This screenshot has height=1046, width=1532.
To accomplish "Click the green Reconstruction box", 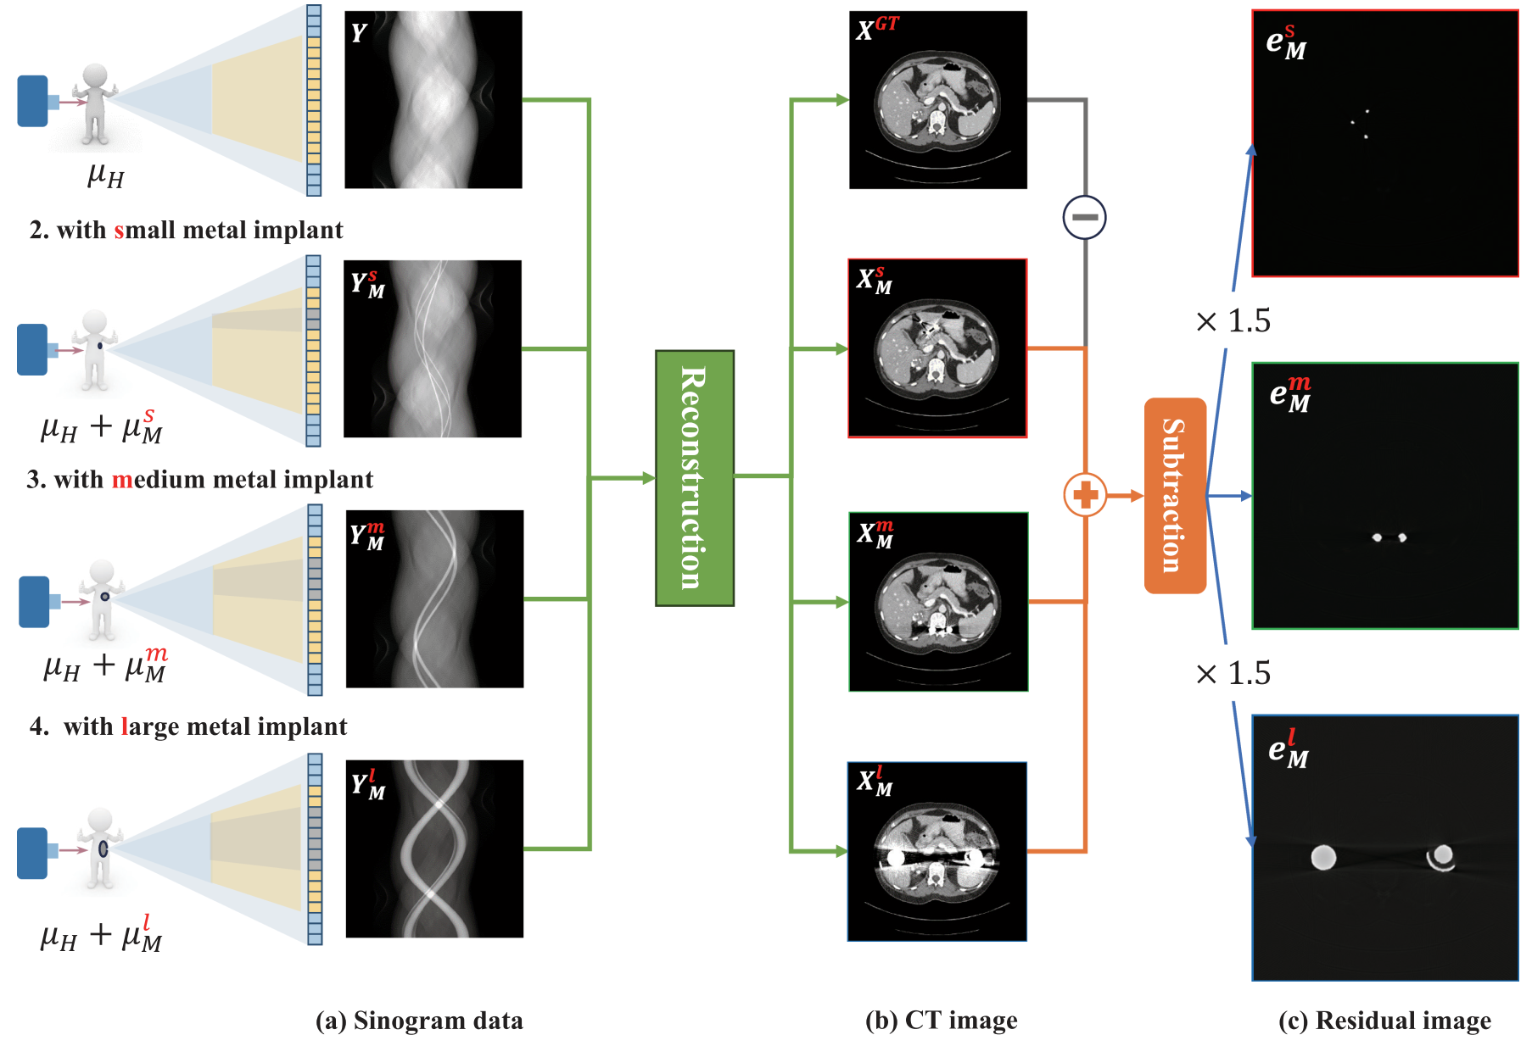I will pyautogui.click(x=694, y=478).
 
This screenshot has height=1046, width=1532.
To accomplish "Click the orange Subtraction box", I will pyautogui.click(x=1175, y=496).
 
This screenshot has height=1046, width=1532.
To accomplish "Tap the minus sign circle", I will pyautogui.click(x=1084, y=217).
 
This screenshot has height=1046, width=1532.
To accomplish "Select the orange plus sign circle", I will pyautogui.click(x=1085, y=495).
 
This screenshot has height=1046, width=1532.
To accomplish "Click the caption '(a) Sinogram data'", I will pyautogui.click(x=419, y=1021).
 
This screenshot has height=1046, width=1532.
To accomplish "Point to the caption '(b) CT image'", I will pyautogui.click(x=941, y=1021).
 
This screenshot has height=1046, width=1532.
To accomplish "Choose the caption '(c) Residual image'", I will pyautogui.click(x=1384, y=1021).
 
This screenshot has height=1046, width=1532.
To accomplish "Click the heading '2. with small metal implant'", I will pyautogui.click(x=186, y=230).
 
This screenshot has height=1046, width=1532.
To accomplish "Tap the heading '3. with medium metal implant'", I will pyautogui.click(x=199, y=480).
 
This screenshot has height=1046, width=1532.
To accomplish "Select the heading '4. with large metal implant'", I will pyautogui.click(x=188, y=726).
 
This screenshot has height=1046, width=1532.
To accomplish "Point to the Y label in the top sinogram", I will pyautogui.click(x=359, y=33).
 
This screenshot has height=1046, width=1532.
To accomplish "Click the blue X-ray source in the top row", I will pyautogui.click(x=33, y=101).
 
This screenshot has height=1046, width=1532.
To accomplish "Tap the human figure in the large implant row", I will pyautogui.click(x=100, y=848).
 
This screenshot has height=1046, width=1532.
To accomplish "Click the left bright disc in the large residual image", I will pyautogui.click(x=1323, y=857).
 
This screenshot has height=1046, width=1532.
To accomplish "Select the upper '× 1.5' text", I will pyautogui.click(x=1233, y=321).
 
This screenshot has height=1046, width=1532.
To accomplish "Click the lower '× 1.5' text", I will pyautogui.click(x=1233, y=674).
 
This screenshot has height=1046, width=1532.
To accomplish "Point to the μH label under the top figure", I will pyautogui.click(x=106, y=175).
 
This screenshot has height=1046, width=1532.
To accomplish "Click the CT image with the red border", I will pyautogui.click(x=937, y=348).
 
